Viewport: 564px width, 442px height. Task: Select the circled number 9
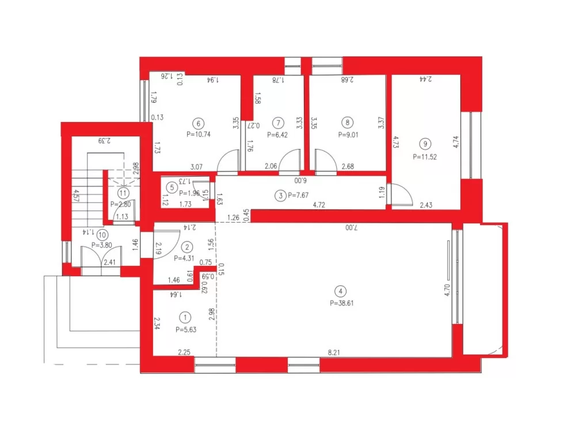(x=425, y=144)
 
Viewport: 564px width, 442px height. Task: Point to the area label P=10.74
(x=199, y=134)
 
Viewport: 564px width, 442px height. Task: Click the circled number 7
(x=279, y=123)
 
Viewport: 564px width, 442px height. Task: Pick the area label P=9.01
(x=346, y=134)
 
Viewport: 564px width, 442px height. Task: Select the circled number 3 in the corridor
(x=280, y=196)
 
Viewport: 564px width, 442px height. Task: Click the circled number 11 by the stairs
(x=123, y=193)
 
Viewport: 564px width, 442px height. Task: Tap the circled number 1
(x=185, y=317)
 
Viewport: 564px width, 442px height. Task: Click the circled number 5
(x=172, y=186)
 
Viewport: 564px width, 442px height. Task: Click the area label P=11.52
(x=425, y=156)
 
